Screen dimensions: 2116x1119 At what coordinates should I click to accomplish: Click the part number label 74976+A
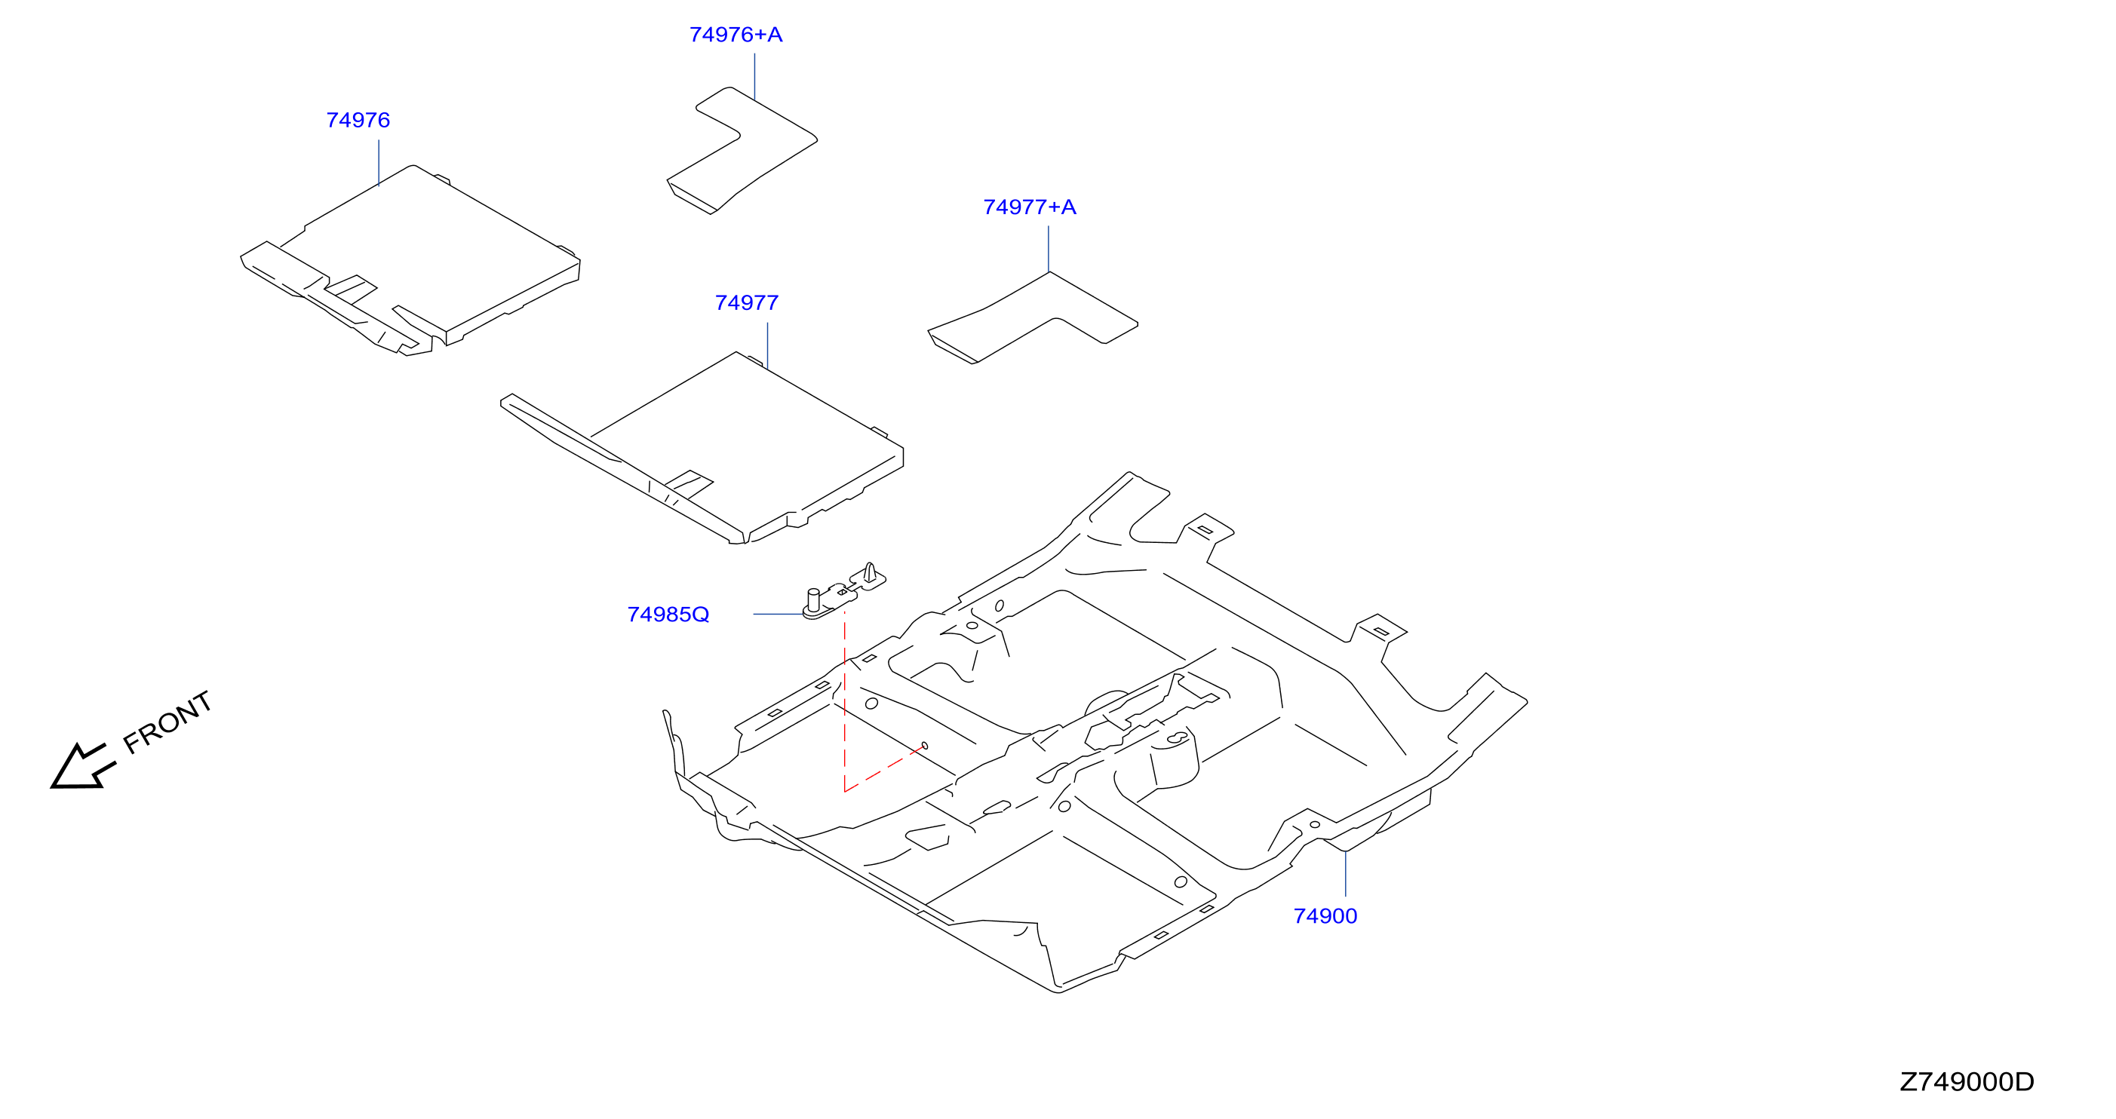pos(736,35)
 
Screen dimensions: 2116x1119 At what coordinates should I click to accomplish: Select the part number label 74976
pos(358,120)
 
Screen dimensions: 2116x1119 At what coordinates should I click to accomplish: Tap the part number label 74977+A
pos(1029,207)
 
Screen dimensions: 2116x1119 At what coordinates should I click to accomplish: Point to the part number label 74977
pos(747,303)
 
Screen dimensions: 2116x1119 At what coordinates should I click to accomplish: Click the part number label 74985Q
pos(668,614)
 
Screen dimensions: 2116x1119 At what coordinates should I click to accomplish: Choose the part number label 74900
pos(1325,915)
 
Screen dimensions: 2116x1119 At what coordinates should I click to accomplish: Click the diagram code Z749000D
pos(1967,1081)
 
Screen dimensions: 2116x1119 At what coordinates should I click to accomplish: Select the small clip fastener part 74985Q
pos(843,590)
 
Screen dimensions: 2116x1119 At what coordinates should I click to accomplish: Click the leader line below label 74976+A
pos(754,77)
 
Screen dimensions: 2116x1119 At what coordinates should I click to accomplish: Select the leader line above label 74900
pos(1346,873)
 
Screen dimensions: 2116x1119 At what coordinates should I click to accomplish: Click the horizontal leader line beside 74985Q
pos(778,614)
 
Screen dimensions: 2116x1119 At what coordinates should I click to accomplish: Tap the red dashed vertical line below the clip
pos(844,701)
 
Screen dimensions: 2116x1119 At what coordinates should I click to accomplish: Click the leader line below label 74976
pos(379,163)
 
